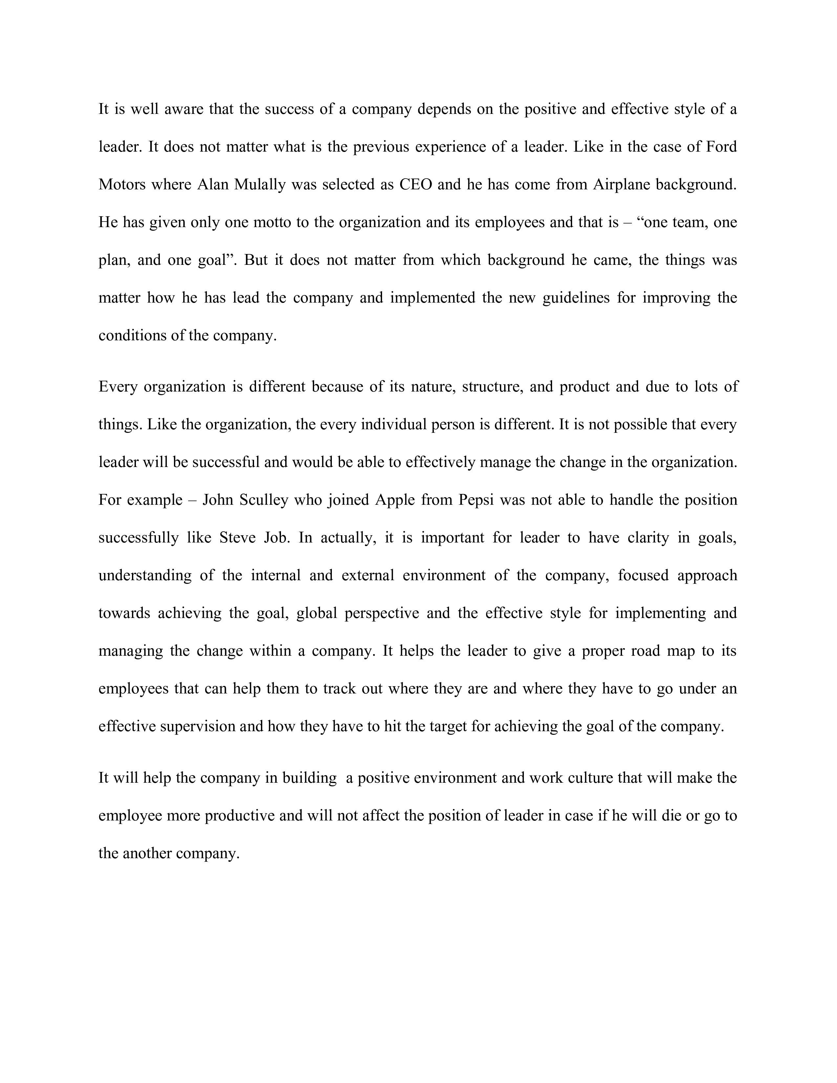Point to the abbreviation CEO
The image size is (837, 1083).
[x=415, y=184]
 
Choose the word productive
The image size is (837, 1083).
[x=240, y=815]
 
